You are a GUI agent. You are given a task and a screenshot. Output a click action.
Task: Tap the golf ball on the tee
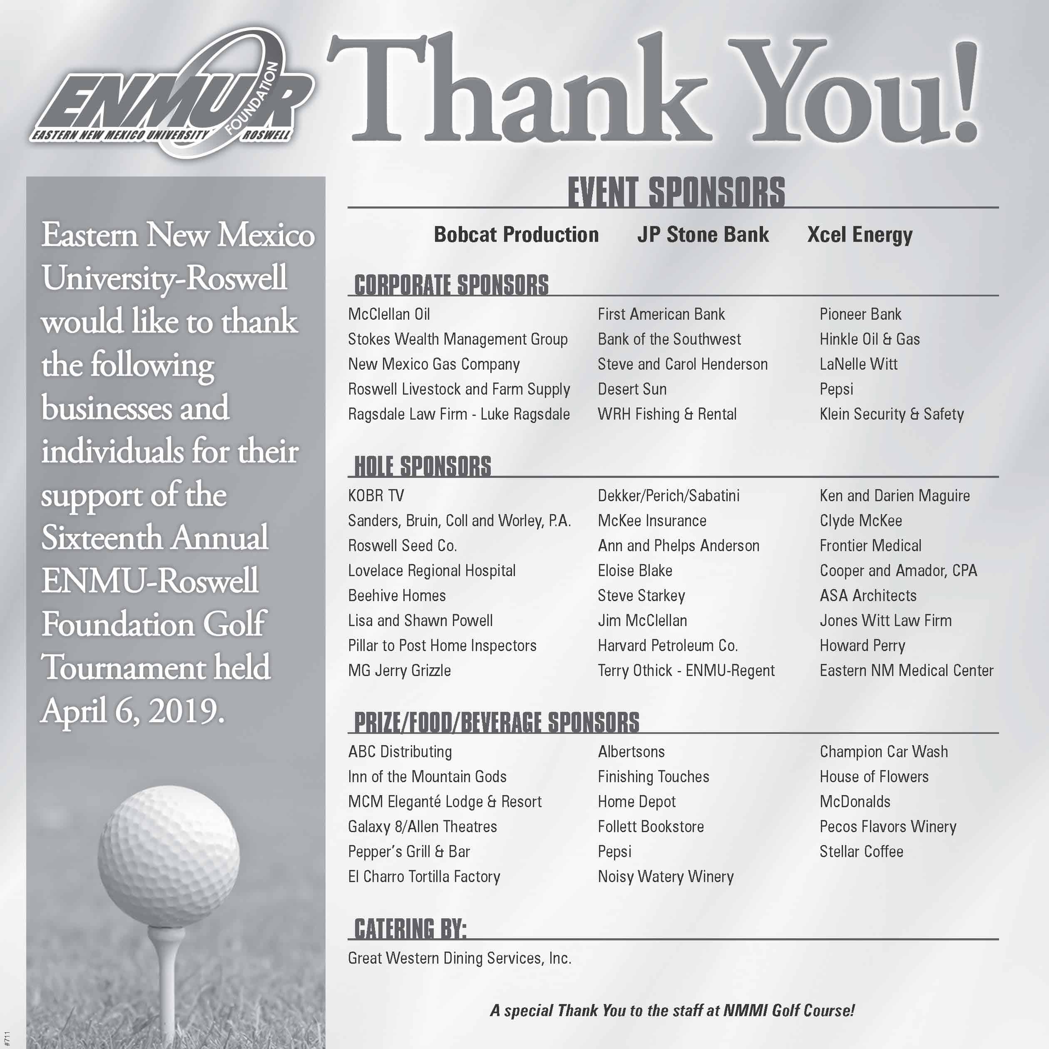coord(168,855)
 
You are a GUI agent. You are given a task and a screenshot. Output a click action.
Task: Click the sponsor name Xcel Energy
coord(860,234)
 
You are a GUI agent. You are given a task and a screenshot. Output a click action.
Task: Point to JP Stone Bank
coord(703,234)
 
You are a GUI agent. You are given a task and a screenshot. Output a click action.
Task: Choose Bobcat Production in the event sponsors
coord(516,234)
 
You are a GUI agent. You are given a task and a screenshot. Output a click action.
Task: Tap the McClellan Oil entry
coord(389,314)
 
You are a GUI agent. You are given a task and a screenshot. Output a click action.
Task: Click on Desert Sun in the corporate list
coord(632,389)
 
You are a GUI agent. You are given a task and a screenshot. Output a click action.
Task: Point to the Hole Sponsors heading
coord(423,466)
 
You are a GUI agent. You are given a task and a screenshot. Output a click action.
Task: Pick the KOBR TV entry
coord(376,496)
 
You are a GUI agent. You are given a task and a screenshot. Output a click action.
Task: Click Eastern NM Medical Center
coord(906,671)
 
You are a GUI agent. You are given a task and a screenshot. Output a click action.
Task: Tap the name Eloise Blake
coord(635,571)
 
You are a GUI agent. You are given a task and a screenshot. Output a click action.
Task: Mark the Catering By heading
coord(410,928)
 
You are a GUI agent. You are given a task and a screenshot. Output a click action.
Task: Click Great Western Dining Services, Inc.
coord(459,958)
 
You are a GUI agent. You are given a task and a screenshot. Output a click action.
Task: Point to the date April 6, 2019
coord(133,711)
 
